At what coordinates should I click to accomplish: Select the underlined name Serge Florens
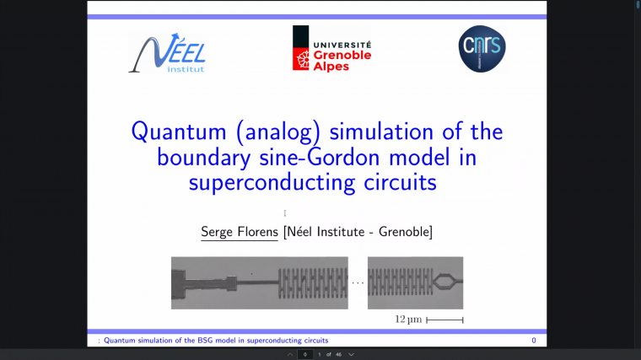coord(240,232)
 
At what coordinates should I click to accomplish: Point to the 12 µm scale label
coord(407,320)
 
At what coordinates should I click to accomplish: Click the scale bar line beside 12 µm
coord(444,320)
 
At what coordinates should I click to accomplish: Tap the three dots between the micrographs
coord(358,282)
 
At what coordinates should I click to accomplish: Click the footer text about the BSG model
coord(215,340)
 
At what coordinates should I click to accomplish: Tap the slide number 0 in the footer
coord(533,340)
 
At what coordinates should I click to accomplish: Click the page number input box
coord(304,354)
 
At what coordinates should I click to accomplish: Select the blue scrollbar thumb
coord(636,4)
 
